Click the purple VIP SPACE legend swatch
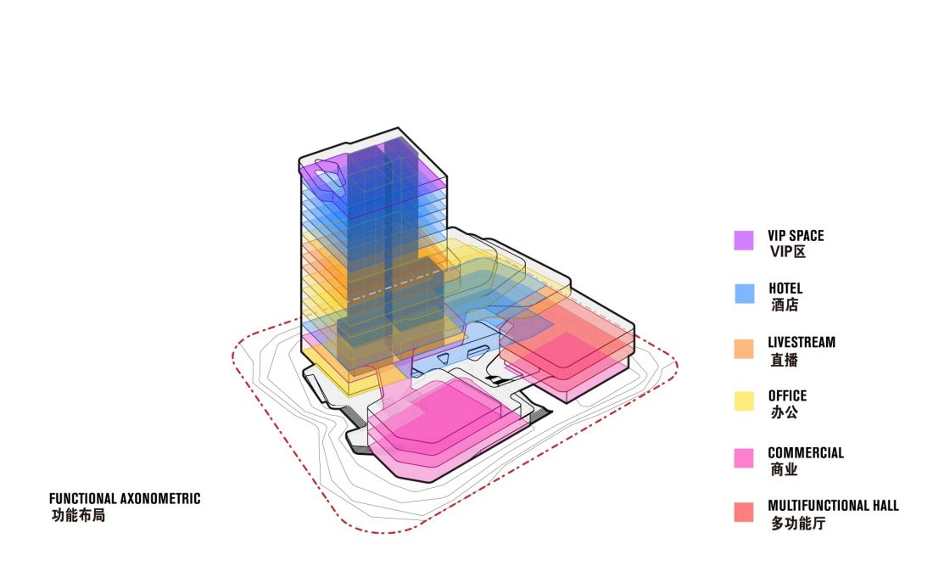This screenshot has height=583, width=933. (744, 240)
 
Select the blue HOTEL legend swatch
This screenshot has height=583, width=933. (745, 294)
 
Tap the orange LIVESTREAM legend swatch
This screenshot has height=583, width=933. (744, 349)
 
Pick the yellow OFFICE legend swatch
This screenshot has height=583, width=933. (744, 401)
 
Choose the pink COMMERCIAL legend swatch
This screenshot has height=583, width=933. (744, 458)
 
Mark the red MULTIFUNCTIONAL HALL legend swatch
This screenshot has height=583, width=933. (744, 512)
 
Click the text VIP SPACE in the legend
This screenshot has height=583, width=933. (796, 236)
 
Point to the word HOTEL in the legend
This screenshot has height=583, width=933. (785, 289)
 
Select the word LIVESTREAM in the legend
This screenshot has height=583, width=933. (802, 342)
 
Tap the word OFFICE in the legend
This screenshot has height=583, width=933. (787, 396)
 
